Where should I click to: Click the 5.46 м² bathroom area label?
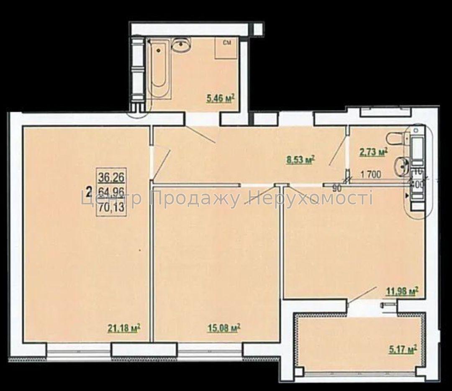(x=220, y=99)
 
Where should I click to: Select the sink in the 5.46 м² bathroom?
(x=181, y=44)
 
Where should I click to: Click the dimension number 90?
(x=337, y=188)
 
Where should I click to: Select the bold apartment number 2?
(x=88, y=193)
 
